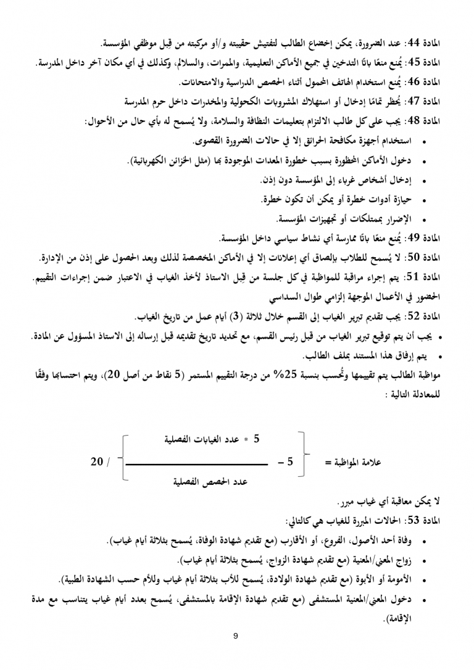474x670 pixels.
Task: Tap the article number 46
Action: [x=419, y=82]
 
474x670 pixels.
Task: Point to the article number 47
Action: [x=419, y=101]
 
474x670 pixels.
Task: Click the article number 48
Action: [x=419, y=122]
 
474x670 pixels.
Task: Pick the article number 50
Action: [x=419, y=257]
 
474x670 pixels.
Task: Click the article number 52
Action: [x=419, y=316]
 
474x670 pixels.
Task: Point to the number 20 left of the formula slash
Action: [x=97, y=461]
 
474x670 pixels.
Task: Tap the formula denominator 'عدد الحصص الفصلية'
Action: [x=204, y=482]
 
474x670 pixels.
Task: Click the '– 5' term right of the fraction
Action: [x=286, y=461]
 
